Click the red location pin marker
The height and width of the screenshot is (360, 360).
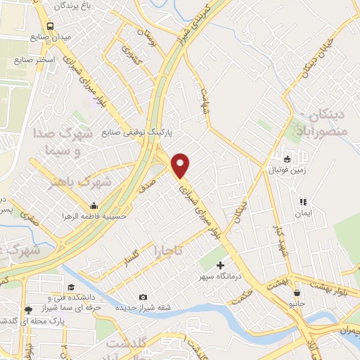pos(181,165)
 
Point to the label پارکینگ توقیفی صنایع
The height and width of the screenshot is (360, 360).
pos(137,131)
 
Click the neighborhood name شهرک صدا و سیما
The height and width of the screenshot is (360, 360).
pos(67,140)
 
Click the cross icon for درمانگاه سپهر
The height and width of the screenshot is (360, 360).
pos(221,266)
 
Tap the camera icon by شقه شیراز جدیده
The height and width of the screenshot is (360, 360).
pos(143,297)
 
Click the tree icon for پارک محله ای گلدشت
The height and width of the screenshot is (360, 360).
pos(27,309)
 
